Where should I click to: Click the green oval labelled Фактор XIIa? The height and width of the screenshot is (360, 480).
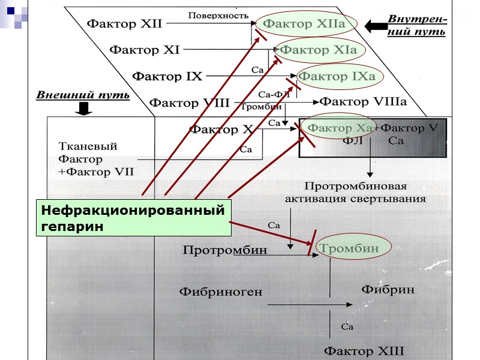[x=305, y=24]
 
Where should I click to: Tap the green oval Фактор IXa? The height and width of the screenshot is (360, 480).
[x=337, y=76]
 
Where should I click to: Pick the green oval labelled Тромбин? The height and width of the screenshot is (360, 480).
[x=348, y=248]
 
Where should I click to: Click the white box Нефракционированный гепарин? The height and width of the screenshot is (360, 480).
[x=133, y=218]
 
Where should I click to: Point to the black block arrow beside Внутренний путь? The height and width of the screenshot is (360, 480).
[x=376, y=26]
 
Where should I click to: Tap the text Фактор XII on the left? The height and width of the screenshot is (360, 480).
[x=125, y=24]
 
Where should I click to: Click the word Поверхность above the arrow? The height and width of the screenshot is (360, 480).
[x=218, y=15]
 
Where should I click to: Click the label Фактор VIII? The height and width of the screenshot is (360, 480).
[x=190, y=103]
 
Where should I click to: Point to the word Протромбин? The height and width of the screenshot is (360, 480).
[x=224, y=249]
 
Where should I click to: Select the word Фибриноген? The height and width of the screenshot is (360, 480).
[x=221, y=292]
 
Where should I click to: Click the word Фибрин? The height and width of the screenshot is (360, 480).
[x=388, y=289]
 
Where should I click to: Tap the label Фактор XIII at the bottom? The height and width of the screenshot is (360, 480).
[x=364, y=350]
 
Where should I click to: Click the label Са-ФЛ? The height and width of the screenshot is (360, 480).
[x=274, y=94]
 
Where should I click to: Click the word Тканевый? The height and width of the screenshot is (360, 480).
[x=88, y=146]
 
